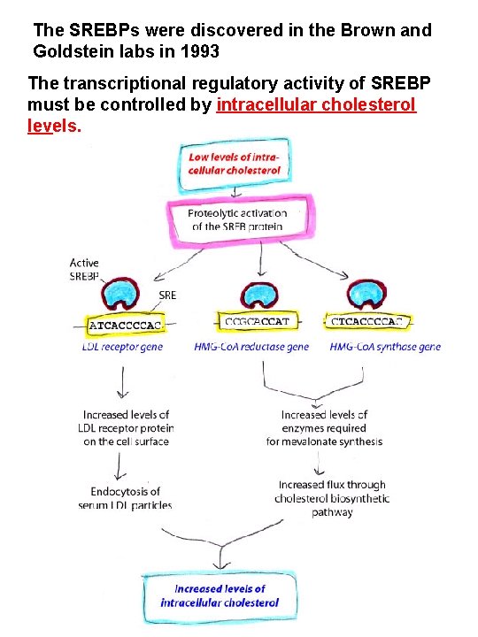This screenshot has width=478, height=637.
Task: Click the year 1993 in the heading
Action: tap(199, 51)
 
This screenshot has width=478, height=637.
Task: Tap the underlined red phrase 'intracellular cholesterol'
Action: tap(316, 104)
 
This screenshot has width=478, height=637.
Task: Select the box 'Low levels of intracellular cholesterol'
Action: tap(234, 165)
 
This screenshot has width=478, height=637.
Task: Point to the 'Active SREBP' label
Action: tap(84, 269)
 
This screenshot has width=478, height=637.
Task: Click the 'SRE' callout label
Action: tap(167, 295)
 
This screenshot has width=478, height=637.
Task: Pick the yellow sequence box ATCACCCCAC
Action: tap(125, 326)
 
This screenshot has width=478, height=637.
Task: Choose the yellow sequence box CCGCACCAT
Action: tap(258, 321)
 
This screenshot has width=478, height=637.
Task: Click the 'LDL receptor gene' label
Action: tap(122, 347)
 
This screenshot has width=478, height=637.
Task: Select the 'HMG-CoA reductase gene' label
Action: tap(251, 347)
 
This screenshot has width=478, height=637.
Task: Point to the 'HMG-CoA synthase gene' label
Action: tap(385, 347)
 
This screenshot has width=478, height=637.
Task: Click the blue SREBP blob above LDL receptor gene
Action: tap(119, 294)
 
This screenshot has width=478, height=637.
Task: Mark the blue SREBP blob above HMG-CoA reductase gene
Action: tap(259, 294)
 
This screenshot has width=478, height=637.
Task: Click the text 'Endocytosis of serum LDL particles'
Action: tap(125, 498)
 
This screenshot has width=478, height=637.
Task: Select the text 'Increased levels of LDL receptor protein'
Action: tap(126, 421)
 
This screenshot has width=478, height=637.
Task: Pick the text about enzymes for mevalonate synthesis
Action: tap(324, 428)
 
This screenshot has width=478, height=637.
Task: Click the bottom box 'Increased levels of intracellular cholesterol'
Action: tap(220, 596)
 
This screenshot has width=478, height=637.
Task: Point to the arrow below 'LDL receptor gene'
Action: tap(123, 382)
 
